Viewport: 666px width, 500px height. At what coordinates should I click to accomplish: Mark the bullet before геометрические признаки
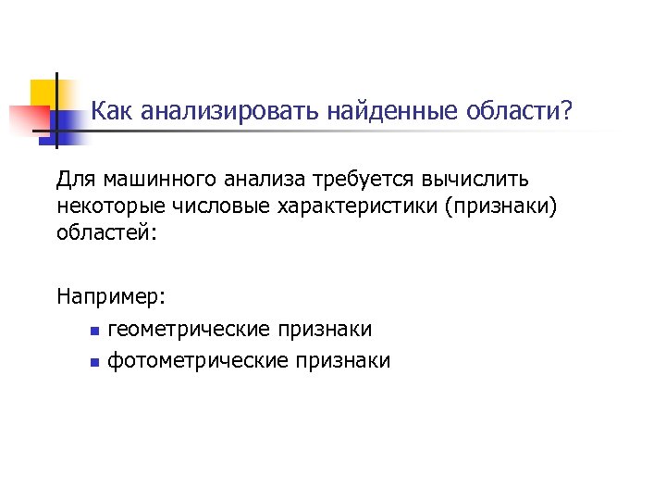click(93, 331)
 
